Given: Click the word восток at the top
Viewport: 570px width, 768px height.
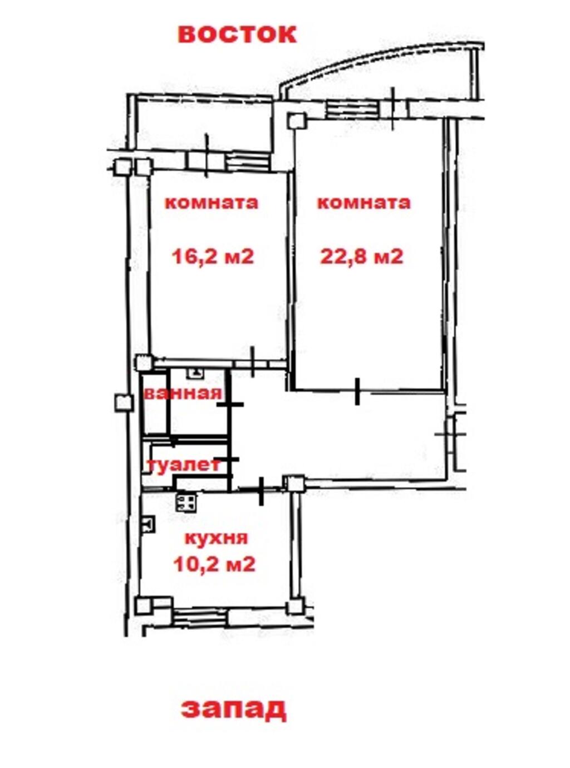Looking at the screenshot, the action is tap(237, 35).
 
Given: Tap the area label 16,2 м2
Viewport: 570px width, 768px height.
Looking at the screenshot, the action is tap(213, 257).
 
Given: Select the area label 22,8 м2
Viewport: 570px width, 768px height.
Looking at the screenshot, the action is tap(361, 257).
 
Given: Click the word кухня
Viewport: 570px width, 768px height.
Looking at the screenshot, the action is tap(217, 538).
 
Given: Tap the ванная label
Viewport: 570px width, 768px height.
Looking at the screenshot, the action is tap(183, 393).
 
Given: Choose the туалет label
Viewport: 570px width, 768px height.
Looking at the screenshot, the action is tap(184, 465).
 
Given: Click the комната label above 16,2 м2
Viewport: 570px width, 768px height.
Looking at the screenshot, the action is tap(212, 203).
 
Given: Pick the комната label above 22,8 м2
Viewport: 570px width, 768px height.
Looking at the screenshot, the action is tap(363, 203).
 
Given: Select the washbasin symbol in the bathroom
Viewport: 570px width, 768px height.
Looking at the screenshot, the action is tap(195, 373).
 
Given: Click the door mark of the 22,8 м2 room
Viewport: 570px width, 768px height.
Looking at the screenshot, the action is tap(357, 392).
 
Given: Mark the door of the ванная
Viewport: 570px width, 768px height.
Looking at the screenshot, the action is tap(230, 404).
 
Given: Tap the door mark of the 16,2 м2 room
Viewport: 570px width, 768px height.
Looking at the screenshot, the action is tap(253, 362).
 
